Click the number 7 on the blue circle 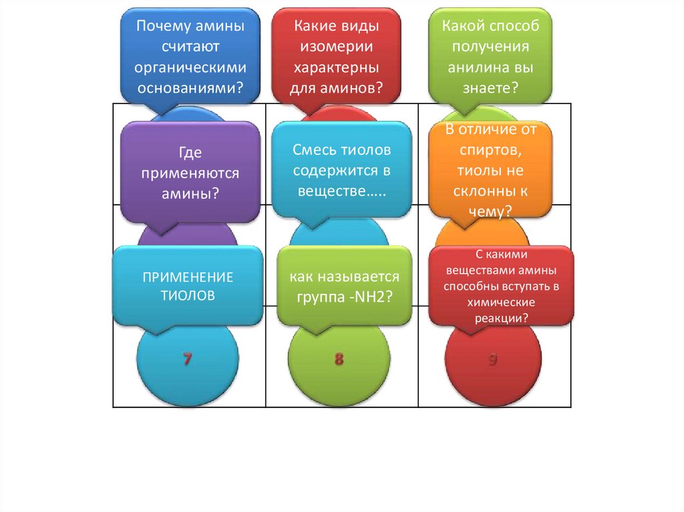point(188,360)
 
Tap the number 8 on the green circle point(339,360)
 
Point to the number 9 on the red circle point(492,360)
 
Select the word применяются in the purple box point(189,173)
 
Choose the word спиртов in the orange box point(491,149)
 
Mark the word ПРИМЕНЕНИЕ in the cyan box point(188,276)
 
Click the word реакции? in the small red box point(501,318)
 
